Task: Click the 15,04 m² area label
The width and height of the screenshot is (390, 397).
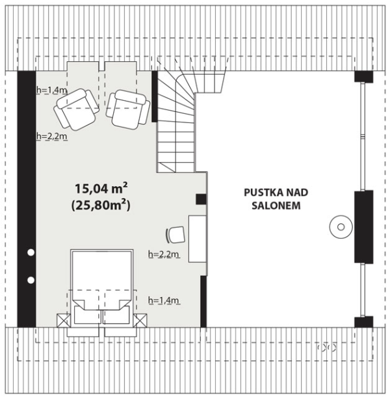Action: coord(101,188)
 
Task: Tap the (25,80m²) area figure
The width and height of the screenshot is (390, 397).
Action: coord(101,205)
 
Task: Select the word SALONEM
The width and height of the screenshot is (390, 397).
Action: coord(276,206)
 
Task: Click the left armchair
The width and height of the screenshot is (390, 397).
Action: coord(77,109)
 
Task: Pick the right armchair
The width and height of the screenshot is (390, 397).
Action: coord(128,109)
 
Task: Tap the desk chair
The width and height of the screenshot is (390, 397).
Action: coord(175,235)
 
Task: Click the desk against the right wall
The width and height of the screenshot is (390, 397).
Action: coord(198,239)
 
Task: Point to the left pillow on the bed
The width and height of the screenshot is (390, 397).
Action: coord(88,315)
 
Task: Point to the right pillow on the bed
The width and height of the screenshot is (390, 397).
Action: coord(116,315)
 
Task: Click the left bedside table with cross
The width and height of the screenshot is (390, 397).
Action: coord(64,321)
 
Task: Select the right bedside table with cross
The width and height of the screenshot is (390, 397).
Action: coord(140,321)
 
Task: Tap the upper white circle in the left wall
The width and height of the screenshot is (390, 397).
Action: coord(31,253)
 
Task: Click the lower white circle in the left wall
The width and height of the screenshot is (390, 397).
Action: coord(31,281)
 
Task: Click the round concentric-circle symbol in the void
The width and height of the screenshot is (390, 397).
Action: coord(341,227)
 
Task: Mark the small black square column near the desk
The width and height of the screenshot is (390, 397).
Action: coord(201,199)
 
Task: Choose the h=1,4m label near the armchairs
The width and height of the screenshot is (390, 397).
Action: coord(51,90)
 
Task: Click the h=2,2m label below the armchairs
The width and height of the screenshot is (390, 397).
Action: coord(52,136)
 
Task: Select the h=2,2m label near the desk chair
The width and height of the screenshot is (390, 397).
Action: coord(164,254)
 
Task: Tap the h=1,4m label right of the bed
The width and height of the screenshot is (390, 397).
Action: coord(164,301)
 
